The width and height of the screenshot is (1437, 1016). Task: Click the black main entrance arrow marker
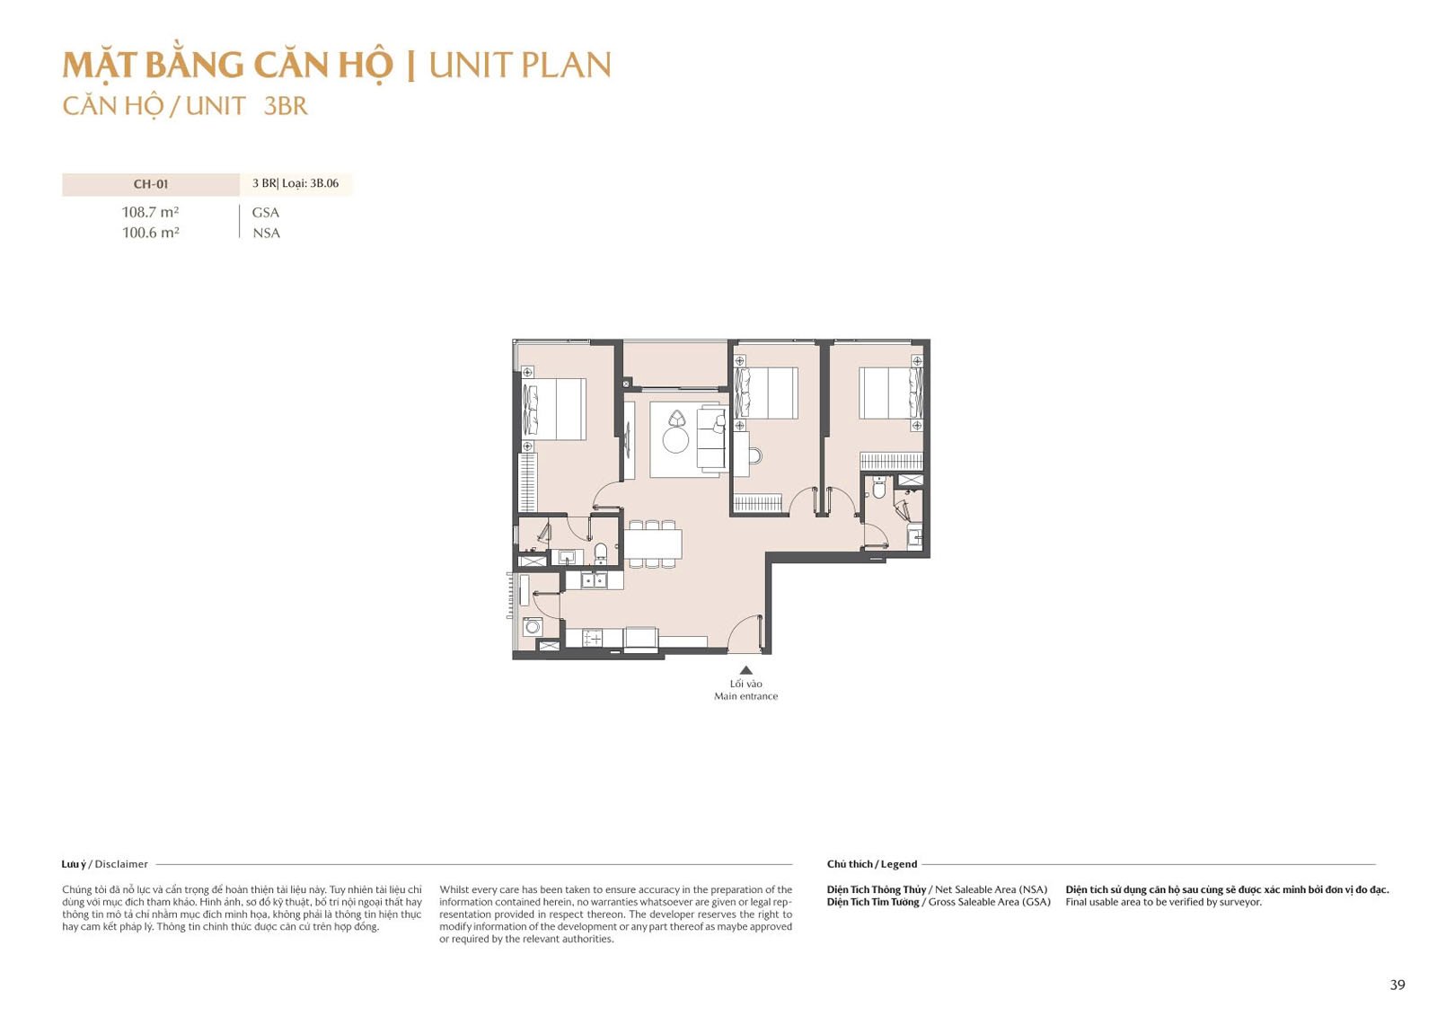(745, 670)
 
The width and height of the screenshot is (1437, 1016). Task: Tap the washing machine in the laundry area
(532, 626)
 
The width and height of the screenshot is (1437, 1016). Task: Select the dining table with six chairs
(653, 543)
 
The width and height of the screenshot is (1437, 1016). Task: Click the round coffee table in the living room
(675, 440)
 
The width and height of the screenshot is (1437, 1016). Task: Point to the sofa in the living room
(711, 439)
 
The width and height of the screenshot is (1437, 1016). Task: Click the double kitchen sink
(594, 580)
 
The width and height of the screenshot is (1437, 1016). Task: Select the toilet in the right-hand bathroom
(879, 489)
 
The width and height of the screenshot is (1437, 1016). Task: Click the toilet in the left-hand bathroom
(601, 552)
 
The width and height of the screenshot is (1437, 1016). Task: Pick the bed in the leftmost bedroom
(554, 409)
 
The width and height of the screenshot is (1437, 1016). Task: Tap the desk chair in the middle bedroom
(755, 455)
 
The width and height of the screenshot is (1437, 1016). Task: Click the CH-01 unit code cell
(151, 184)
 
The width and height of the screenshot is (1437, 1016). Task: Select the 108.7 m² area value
(151, 212)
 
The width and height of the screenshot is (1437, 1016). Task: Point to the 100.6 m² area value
(151, 233)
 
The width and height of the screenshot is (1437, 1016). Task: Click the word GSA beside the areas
(266, 212)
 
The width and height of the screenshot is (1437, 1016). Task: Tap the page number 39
(1397, 985)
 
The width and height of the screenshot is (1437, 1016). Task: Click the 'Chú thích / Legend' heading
(872, 864)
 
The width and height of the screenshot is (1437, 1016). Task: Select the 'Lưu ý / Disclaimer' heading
(104, 864)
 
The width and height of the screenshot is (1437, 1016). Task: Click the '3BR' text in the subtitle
(286, 106)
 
